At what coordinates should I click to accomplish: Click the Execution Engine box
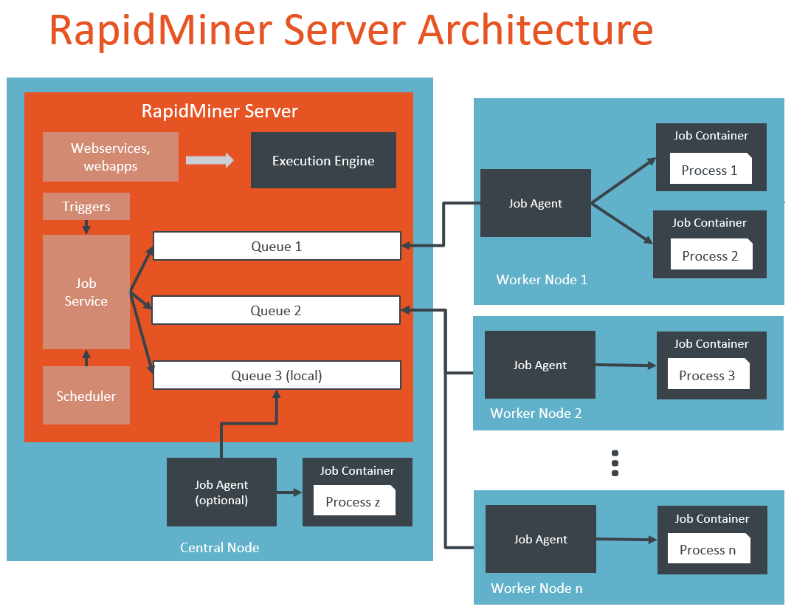pos(323,160)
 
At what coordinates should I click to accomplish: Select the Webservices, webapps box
pos(111,157)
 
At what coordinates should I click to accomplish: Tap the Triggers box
pos(86,207)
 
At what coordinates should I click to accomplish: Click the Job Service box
pos(86,292)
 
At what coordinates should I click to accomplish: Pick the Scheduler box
pos(86,396)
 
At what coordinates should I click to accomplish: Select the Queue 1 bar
pos(277,247)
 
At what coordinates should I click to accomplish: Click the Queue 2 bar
pos(276,311)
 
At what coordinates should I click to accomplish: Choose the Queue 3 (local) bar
pos(277,375)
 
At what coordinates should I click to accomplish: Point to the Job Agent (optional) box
pos(221,492)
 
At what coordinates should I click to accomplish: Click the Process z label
pos(353,501)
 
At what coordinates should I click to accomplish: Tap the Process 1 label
pos(709,170)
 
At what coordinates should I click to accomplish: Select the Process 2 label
pos(710,255)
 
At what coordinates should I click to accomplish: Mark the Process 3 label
pos(707,375)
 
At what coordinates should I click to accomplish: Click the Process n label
pos(707,549)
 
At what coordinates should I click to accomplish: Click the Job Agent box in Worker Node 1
pos(536,203)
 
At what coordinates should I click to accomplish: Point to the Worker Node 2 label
pos(536,413)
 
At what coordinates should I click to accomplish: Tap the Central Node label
pos(220,547)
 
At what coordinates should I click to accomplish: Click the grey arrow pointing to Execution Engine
pos(210,159)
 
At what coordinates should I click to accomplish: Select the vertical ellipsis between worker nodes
pos(615,463)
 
